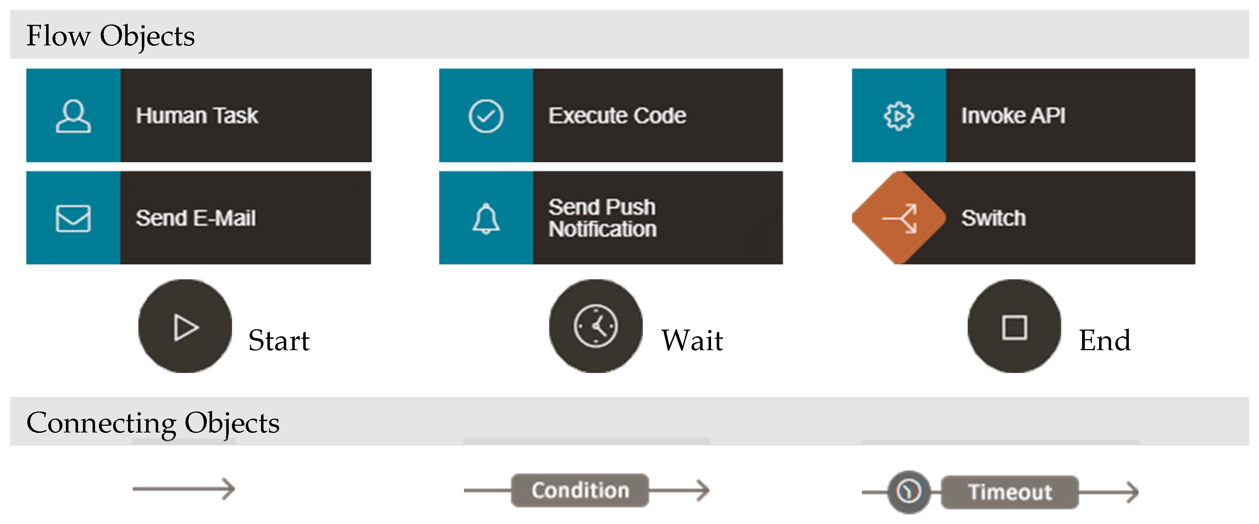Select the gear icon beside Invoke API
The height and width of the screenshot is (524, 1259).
(x=898, y=116)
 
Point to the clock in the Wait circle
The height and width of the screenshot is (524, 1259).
(x=595, y=326)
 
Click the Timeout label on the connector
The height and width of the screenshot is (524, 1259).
(x=1010, y=492)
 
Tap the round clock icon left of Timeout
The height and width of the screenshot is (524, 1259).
(x=909, y=491)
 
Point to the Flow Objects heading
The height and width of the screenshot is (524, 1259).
(x=110, y=36)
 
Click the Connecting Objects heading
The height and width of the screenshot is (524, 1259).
(x=152, y=423)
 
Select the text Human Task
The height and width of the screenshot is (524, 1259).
(x=196, y=116)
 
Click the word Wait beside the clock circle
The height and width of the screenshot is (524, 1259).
(x=692, y=340)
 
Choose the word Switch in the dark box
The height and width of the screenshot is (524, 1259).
(x=993, y=218)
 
